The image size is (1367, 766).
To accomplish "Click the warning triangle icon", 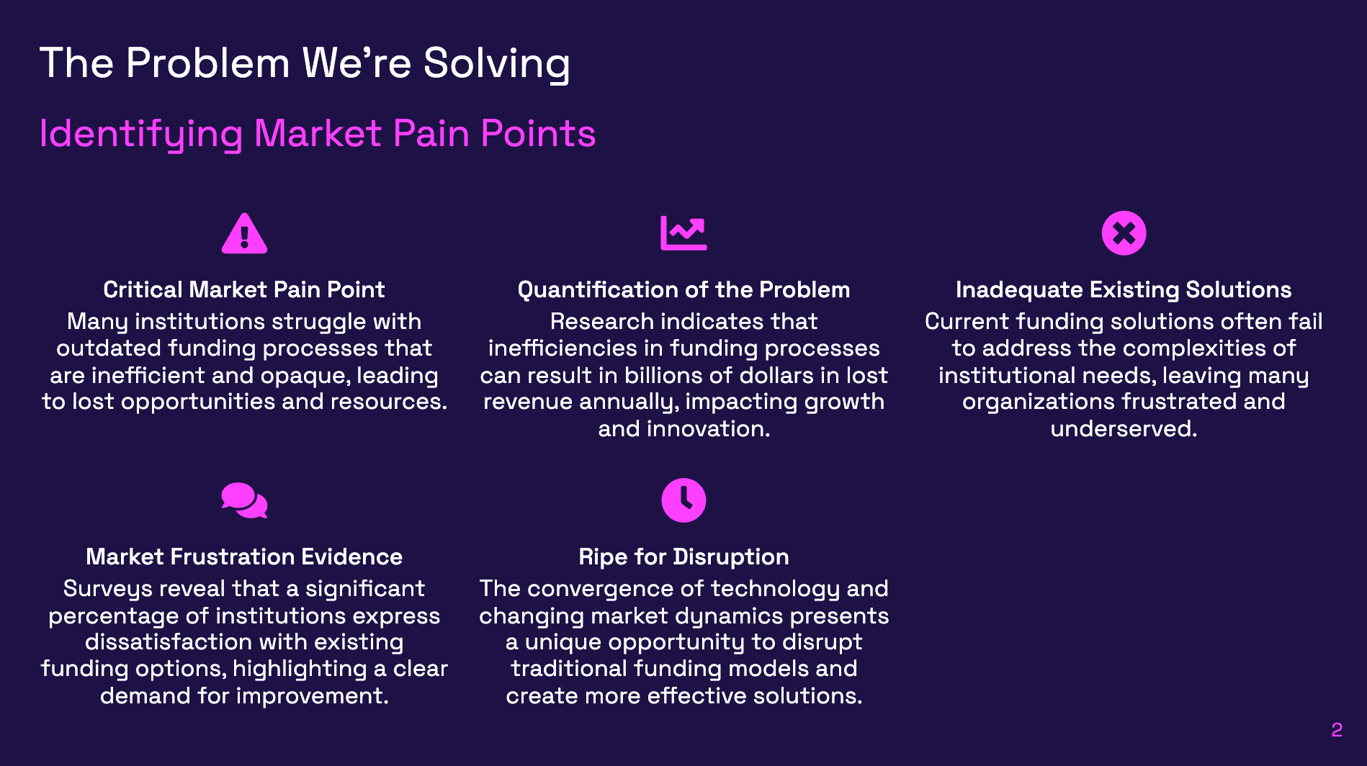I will (x=244, y=234).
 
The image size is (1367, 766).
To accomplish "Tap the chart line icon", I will (x=683, y=233).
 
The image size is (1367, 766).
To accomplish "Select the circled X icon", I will (x=1124, y=233).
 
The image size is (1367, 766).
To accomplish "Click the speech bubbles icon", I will (x=244, y=500).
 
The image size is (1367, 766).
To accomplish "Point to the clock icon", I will (x=683, y=500).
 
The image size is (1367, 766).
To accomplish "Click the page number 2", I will (x=1337, y=730).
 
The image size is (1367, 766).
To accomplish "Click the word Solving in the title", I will (x=496, y=63).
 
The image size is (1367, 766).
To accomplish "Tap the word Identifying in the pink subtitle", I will (x=141, y=134).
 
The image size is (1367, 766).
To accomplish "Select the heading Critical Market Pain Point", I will (x=243, y=289).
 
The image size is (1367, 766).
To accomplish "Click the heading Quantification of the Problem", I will (x=683, y=289).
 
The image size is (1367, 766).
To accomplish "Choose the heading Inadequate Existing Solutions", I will (x=1124, y=289).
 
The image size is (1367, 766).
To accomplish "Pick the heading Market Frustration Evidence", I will (x=243, y=557).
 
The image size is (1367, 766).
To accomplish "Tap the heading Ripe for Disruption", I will (x=683, y=557).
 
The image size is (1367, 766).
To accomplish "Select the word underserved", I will (x=1124, y=429).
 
